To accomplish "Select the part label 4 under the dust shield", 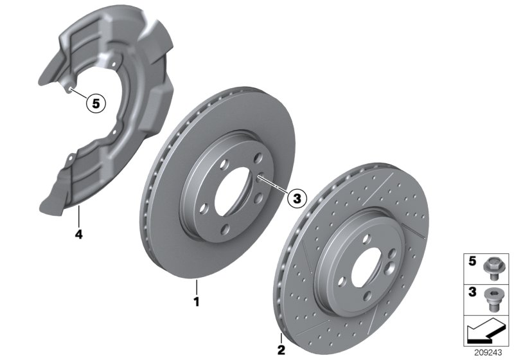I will pos(78,235).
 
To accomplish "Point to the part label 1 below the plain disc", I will pos(198,300).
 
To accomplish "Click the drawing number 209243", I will pos(490,352).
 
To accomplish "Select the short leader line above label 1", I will pos(198,285).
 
